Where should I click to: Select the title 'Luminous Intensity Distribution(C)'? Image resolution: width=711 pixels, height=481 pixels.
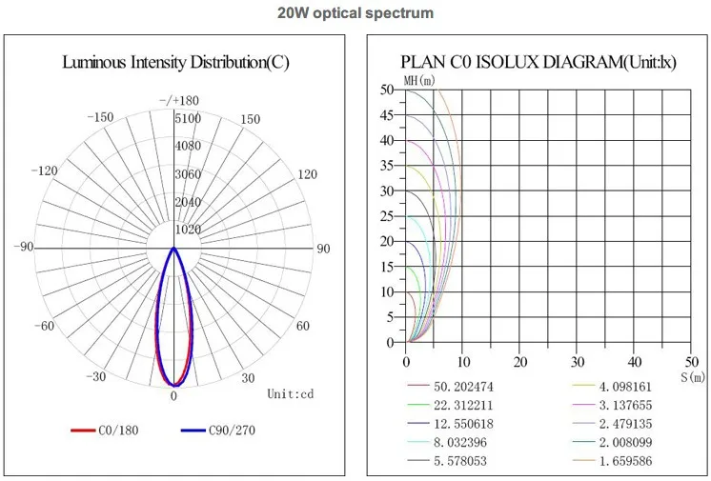[x=175, y=63]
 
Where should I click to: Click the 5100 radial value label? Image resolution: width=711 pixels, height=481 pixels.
[x=187, y=119]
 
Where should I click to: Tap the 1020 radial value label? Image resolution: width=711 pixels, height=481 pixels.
[x=187, y=229]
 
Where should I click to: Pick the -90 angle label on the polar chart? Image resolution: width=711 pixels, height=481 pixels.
[x=24, y=248]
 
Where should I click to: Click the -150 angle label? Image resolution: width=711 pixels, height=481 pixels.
[x=99, y=118]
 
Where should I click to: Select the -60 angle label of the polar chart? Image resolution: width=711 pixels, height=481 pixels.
[x=46, y=327]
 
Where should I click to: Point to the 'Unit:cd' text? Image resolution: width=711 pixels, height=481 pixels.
[x=290, y=392]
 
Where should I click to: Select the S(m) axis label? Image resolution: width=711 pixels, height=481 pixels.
[x=692, y=378]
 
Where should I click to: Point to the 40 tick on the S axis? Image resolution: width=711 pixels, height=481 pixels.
[x=635, y=362]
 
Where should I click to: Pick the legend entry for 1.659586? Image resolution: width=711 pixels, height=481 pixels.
[x=624, y=462]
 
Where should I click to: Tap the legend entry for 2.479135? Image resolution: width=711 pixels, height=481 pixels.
[x=624, y=424]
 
